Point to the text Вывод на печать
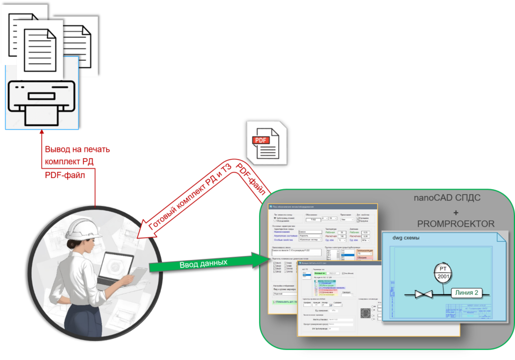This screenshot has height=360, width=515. click(77, 149)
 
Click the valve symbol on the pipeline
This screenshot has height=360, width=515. click(424, 294)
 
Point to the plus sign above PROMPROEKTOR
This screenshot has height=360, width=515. click(456, 212)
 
